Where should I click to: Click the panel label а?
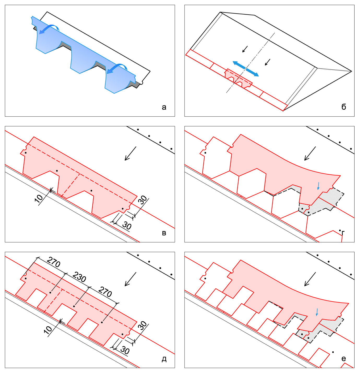point(164,108)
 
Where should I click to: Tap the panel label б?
point(344,107)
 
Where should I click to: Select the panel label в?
point(164,233)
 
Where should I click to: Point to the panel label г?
point(343,233)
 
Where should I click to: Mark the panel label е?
point(344,359)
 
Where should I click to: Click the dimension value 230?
point(79,277)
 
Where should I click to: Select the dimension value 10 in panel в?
point(39,198)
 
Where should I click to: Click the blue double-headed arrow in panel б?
point(245,69)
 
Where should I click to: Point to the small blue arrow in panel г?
point(318,186)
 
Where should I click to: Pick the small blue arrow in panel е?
point(317,312)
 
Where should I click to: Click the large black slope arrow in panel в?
point(130,153)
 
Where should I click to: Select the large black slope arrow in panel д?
point(130,279)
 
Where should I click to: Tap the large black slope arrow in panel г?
point(310,153)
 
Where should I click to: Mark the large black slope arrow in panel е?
point(310,279)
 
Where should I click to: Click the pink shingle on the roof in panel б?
point(238,78)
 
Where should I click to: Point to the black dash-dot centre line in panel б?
point(250,63)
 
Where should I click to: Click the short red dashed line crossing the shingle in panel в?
point(70,185)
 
